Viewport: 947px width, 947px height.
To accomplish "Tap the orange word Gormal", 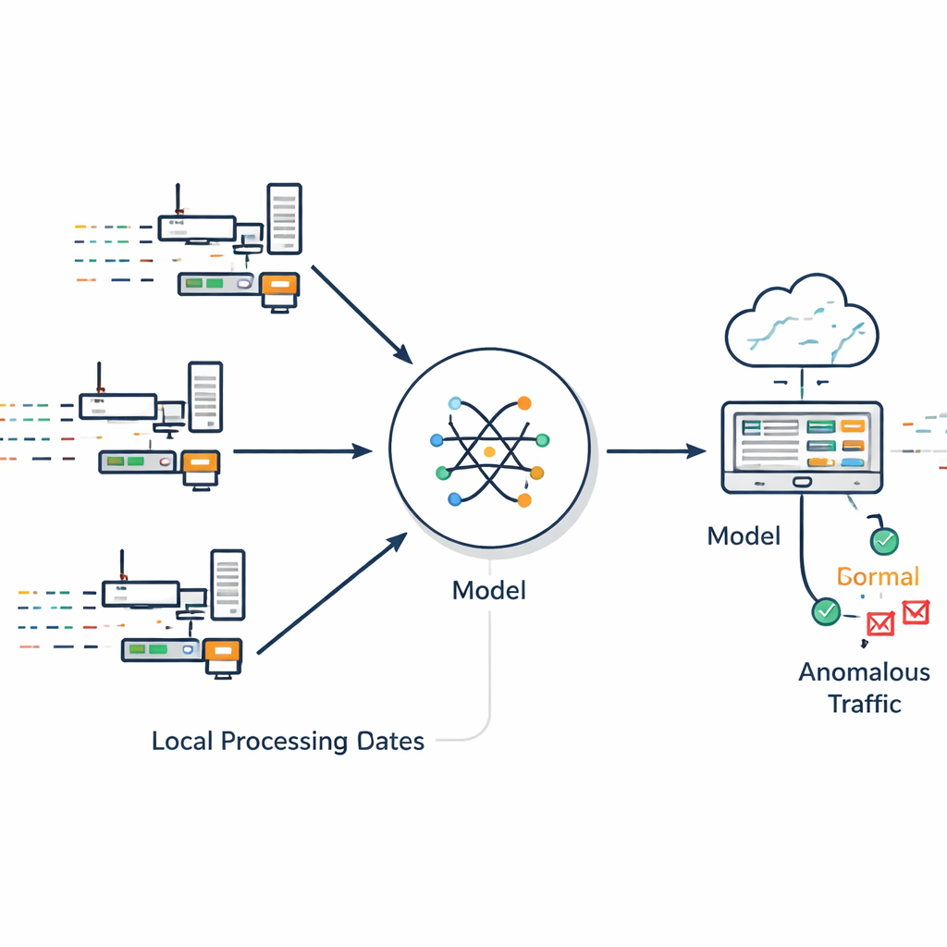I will (x=878, y=577).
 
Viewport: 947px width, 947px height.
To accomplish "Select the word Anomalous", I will (x=864, y=671).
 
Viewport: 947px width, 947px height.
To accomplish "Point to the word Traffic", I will (x=864, y=703).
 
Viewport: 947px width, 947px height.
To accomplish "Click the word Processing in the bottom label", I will (x=286, y=741).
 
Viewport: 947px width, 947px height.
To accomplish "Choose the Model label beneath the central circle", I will (x=489, y=590).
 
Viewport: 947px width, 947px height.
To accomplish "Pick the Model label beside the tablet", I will (x=744, y=535).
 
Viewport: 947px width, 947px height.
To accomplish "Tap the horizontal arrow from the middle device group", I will (x=301, y=451).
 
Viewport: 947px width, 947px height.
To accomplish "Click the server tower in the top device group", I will (x=284, y=218).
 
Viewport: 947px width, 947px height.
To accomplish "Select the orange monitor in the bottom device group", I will (x=223, y=654).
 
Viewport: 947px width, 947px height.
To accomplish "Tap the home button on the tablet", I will (x=801, y=481).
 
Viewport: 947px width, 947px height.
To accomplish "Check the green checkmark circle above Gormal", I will (x=884, y=542).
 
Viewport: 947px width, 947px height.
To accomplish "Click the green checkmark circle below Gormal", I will (x=825, y=610).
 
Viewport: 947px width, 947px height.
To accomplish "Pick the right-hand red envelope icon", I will (x=915, y=612).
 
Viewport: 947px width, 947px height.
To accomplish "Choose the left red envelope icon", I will (x=879, y=624).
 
